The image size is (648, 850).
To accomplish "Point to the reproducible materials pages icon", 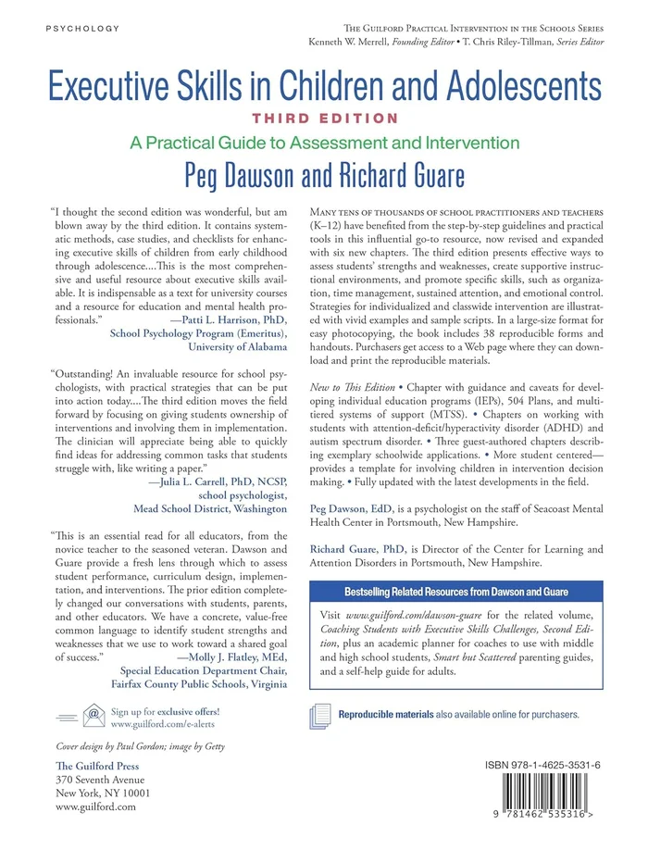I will pos(319,715).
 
